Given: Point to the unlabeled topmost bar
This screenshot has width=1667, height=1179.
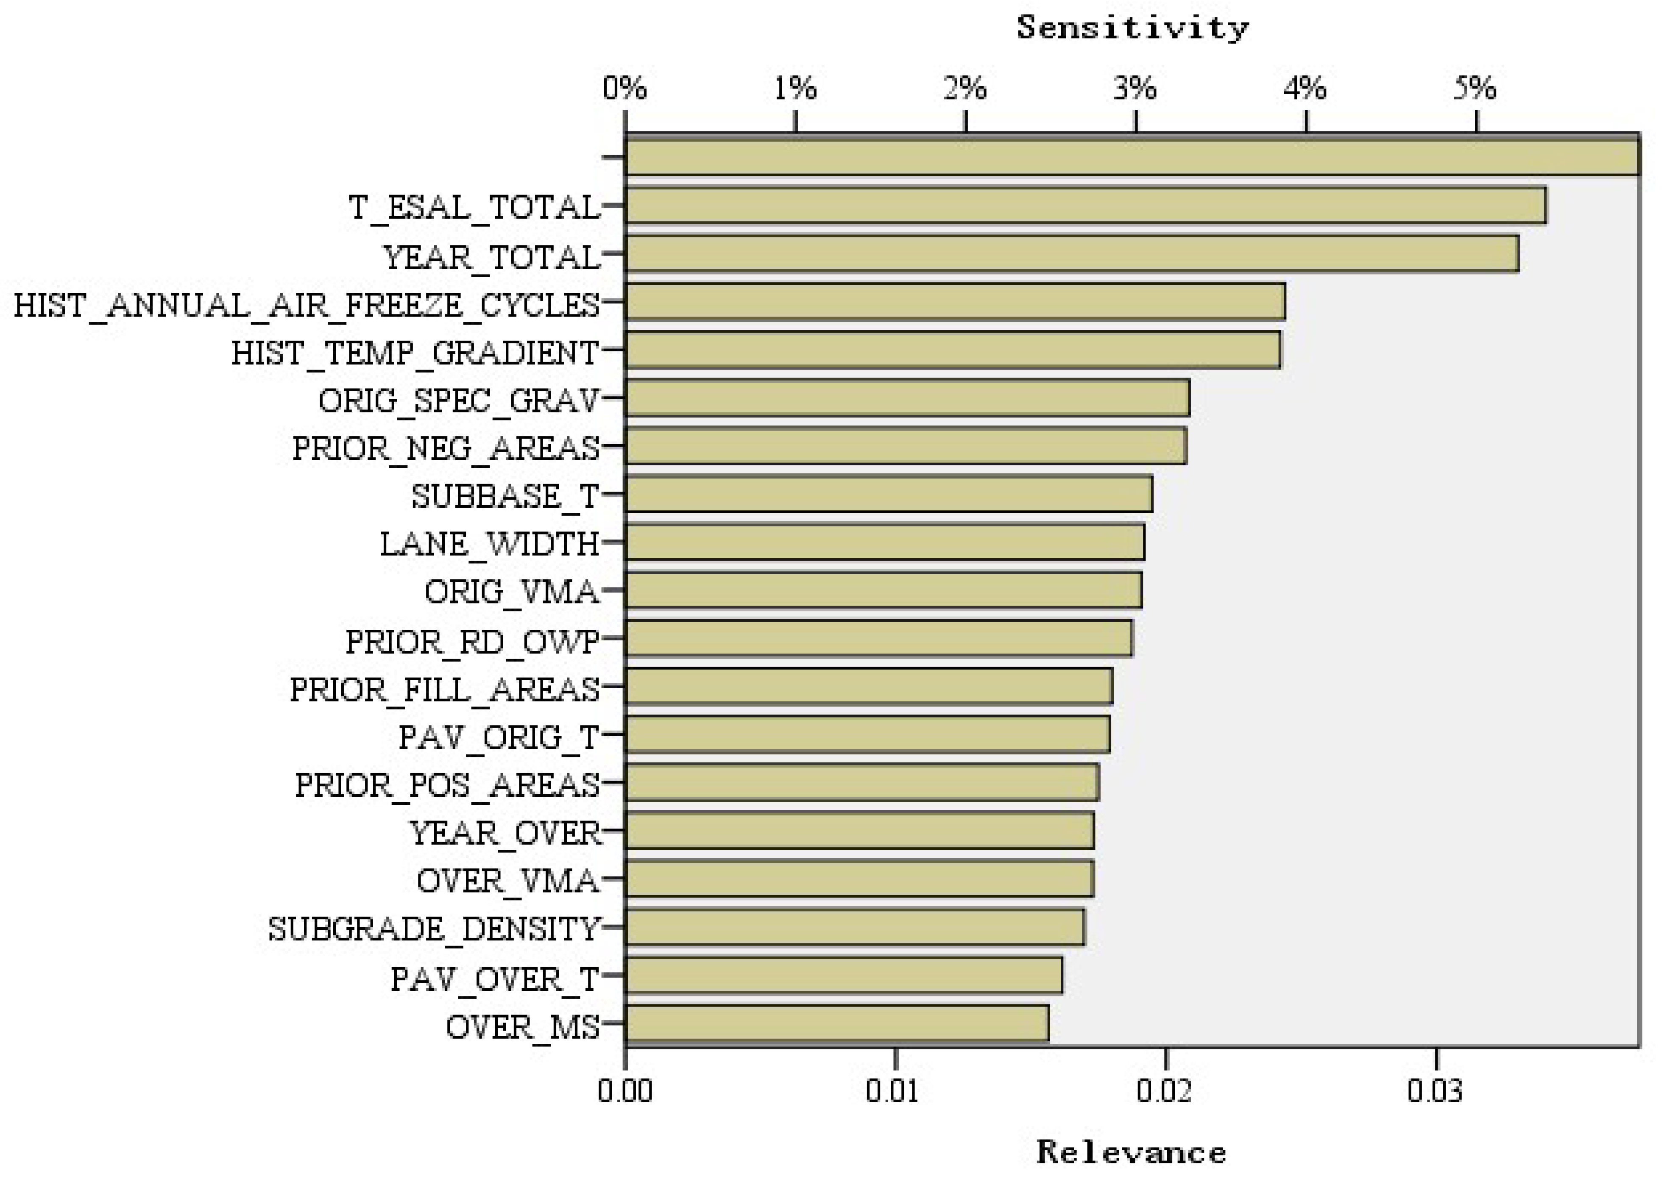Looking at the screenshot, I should point(1131,155).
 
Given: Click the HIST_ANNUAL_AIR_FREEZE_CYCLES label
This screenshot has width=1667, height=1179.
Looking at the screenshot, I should point(307,305).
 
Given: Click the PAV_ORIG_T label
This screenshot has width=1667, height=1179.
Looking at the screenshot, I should point(499,737).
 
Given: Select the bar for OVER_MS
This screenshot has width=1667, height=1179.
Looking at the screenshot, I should point(836,1023).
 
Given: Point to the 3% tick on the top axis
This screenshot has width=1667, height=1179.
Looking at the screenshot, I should point(1135,123).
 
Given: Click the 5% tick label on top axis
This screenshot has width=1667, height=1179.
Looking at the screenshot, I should point(1475,89).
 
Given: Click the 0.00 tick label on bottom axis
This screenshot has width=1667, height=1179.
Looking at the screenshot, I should point(625,1092).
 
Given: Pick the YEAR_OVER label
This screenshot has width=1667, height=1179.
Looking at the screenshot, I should point(505,833).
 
